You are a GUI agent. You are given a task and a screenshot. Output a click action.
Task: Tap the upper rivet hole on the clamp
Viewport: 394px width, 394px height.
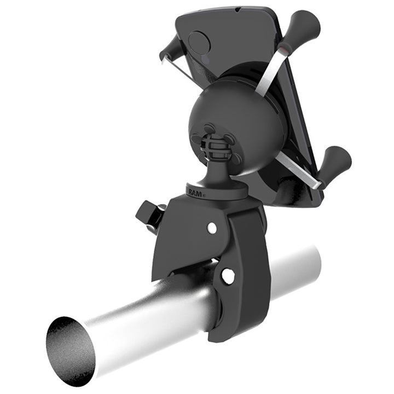212,227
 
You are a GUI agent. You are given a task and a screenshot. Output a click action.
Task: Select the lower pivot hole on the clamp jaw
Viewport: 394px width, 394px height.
228,276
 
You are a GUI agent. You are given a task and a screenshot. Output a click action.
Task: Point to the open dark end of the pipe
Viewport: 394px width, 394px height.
70,350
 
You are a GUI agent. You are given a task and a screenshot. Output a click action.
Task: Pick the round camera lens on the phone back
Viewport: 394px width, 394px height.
199,43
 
